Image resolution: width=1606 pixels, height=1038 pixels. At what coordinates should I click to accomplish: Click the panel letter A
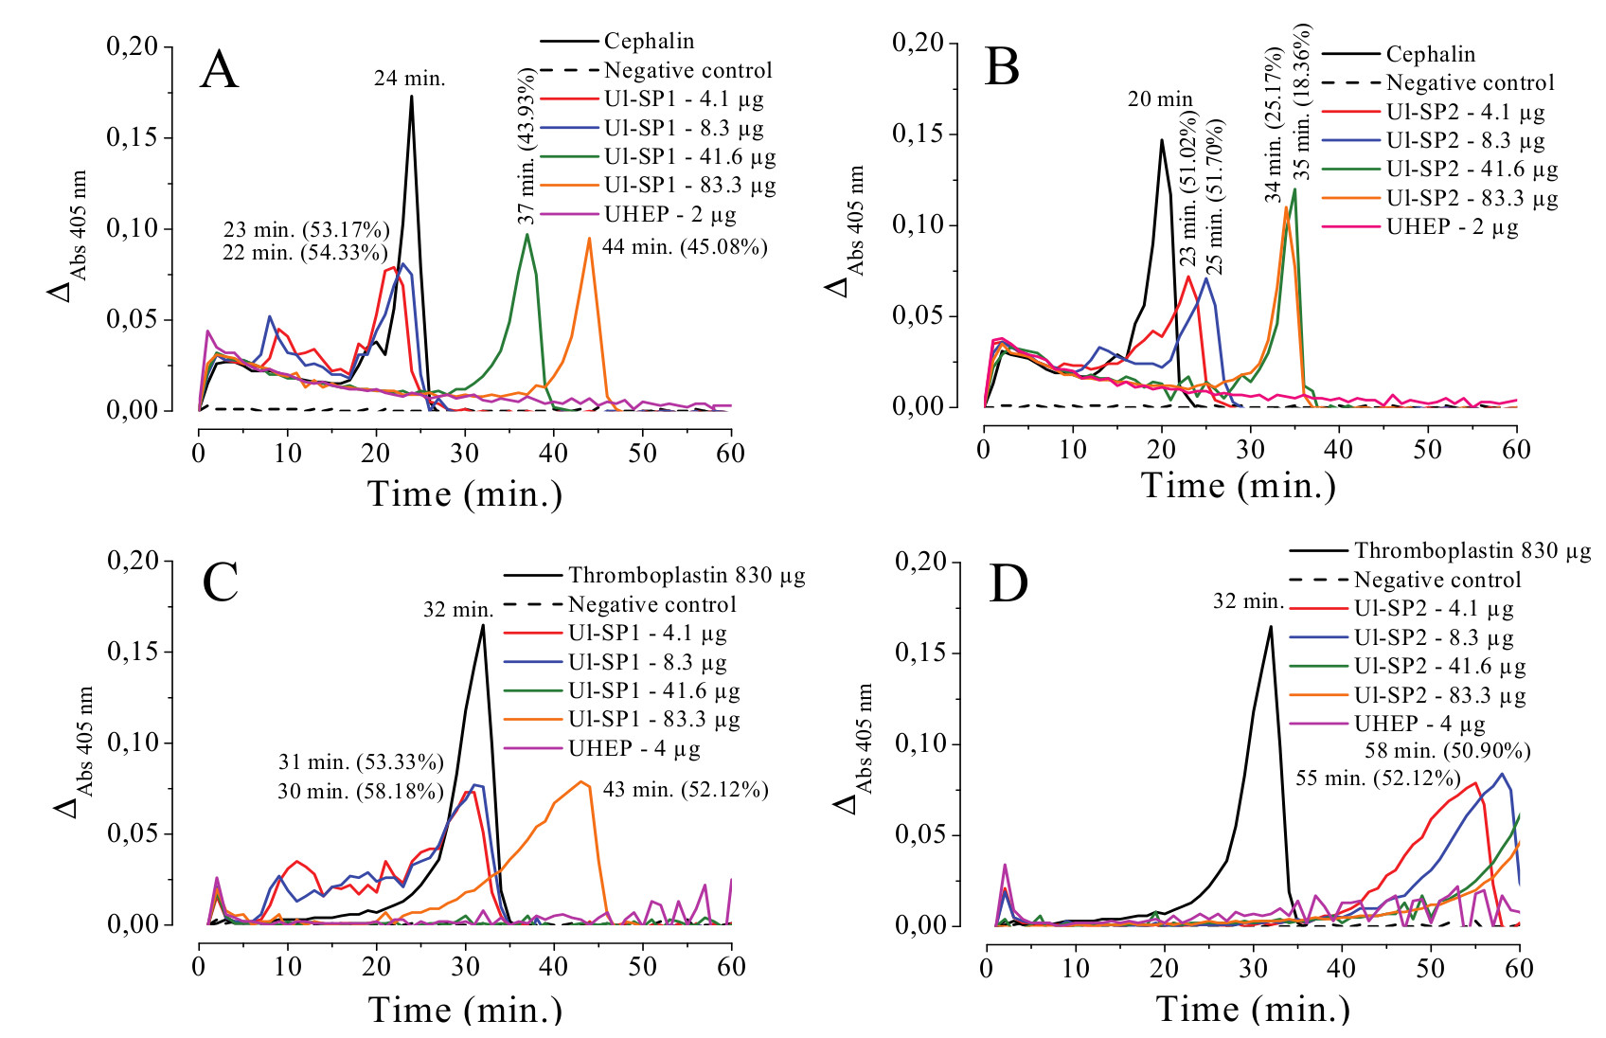click(219, 71)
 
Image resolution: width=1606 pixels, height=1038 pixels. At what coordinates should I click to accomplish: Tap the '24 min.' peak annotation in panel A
click(409, 79)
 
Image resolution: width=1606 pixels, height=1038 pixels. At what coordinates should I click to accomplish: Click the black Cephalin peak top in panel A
click(411, 97)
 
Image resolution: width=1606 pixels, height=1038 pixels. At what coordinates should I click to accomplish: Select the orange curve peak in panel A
click(589, 239)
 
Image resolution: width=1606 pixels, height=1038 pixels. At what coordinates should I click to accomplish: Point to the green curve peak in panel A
click(526, 235)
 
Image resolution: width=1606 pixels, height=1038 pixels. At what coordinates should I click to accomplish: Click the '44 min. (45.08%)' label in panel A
click(684, 247)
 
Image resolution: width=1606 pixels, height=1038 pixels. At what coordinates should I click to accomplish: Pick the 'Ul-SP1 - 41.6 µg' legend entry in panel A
click(689, 156)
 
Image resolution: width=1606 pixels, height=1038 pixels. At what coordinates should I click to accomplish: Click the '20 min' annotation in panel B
click(1160, 98)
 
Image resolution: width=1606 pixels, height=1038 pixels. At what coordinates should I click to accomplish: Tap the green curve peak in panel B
click(1294, 189)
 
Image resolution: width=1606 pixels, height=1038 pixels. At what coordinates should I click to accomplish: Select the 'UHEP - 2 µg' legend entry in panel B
click(1452, 227)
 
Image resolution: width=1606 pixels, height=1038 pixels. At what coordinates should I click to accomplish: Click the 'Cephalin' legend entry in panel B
click(1430, 54)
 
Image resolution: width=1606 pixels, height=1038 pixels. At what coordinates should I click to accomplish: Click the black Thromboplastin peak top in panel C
click(483, 624)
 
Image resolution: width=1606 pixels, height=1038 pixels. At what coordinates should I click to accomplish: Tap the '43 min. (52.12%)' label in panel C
click(685, 789)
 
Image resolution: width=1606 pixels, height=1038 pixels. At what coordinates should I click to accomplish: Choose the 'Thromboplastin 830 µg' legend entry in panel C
click(686, 575)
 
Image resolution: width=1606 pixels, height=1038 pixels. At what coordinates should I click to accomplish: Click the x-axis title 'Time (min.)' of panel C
click(464, 1009)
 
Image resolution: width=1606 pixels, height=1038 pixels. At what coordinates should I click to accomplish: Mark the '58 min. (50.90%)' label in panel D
click(1447, 751)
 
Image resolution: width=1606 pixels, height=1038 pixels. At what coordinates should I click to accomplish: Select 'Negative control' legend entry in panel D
click(1436, 580)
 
